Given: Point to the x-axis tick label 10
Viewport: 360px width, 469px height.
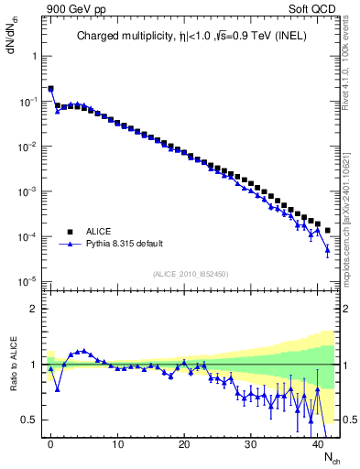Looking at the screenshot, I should (117, 442).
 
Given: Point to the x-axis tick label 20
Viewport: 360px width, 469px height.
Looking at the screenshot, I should (183, 442).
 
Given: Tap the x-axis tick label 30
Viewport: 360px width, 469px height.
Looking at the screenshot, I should (250, 442).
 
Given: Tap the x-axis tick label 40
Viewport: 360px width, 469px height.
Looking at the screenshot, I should (316, 442).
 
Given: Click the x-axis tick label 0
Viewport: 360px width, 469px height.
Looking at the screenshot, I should (50, 442).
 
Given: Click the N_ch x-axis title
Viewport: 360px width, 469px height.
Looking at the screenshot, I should (331, 456).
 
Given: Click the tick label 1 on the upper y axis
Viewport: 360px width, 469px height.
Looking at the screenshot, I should (34, 56).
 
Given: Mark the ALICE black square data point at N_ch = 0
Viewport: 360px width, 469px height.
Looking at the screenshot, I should (50, 89).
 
